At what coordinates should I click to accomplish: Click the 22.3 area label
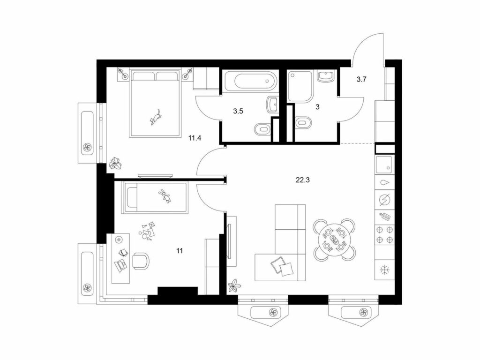coord(302,180)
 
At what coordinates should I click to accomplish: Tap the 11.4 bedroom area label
coord(195,138)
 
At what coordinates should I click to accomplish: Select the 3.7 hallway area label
coord(361,80)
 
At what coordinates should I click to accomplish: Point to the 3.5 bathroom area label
coord(238,111)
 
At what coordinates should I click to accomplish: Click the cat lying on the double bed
coord(156,117)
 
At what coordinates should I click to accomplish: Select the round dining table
coord(334,240)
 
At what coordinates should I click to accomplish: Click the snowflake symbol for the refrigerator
coord(385,270)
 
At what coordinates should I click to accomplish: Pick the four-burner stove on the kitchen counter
coord(385,234)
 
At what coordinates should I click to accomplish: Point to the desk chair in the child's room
coord(141,261)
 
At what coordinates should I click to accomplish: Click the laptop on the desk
coord(120,265)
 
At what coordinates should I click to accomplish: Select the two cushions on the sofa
coord(283,266)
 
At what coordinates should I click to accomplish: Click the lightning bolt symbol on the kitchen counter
coord(385,200)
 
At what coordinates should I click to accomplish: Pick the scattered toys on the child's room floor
coord(148,232)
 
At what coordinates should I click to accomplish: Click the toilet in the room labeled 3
coord(304,123)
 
